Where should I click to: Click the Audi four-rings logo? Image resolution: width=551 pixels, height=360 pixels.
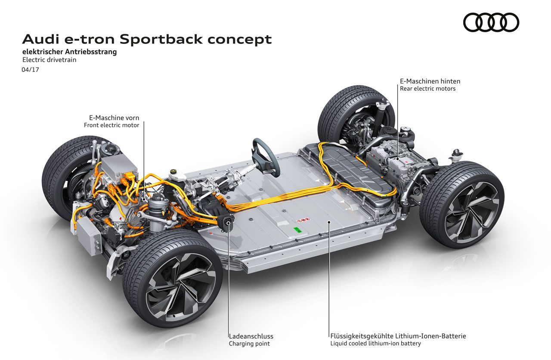(x=491, y=22)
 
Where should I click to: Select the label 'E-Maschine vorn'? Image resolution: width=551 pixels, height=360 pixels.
(x=114, y=118)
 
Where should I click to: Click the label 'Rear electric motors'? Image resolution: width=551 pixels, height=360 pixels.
(x=427, y=88)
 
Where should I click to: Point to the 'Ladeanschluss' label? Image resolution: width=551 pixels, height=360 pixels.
(x=251, y=336)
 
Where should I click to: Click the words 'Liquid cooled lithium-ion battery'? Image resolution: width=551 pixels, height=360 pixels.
(x=375, y=343)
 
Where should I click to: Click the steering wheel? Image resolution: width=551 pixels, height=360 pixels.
(x=264, y=149)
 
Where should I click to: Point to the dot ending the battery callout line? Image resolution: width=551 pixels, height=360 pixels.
(x=329, y=223)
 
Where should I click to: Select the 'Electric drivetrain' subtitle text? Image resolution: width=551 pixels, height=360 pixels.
(x=49, y=60)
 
